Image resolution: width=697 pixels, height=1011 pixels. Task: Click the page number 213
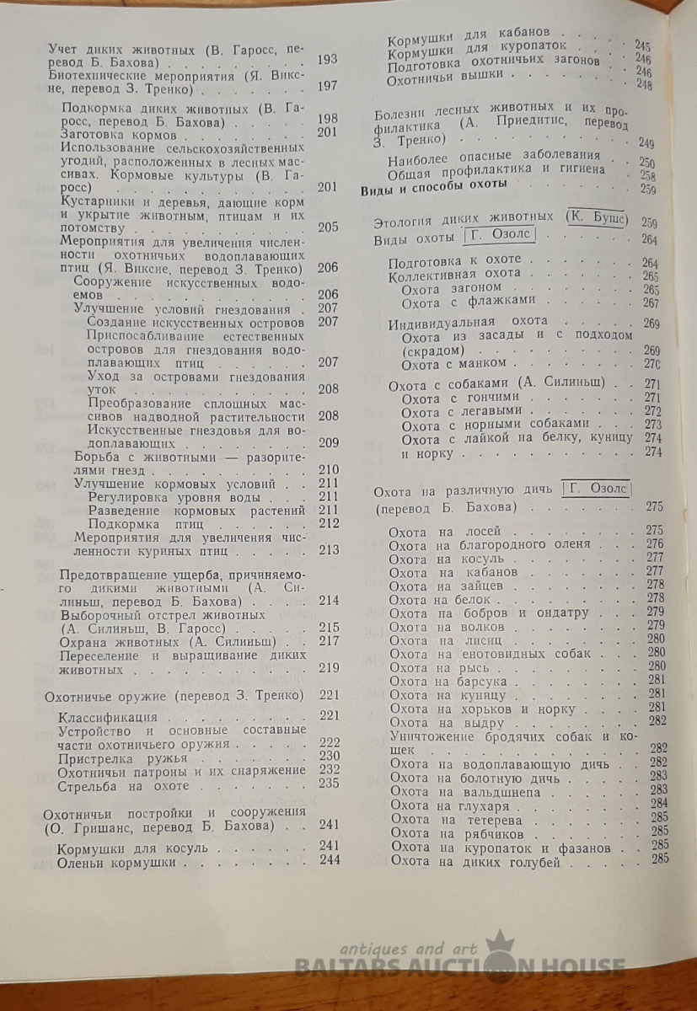click(328, 550)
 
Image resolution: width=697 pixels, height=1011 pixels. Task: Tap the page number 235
click(328, 784)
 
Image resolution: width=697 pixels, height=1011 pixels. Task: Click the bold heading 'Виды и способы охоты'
click(434, 185)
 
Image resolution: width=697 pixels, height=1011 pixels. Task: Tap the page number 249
click(646, 143)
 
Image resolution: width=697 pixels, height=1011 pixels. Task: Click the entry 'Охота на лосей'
click(445, 532)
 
